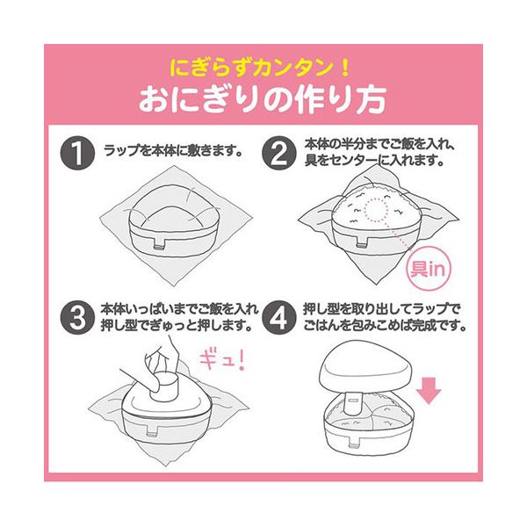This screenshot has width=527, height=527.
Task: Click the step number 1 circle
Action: pos(77,153)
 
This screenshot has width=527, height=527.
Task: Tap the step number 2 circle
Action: pos(279,153)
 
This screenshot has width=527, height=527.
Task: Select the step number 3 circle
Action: pos(77,317)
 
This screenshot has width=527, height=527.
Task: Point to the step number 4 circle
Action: pos(279,317)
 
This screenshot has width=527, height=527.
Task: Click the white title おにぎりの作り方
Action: pos(263,100)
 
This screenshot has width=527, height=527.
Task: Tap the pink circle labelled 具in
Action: pos(428,268)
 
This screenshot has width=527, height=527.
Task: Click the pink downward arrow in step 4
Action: pos(429,391)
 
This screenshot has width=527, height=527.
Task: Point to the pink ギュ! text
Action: pos(222,359)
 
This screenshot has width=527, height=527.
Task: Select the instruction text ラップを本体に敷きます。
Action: pos(173,151)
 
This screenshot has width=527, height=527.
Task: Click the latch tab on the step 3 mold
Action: pos(153,430)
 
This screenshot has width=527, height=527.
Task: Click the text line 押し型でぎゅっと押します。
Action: pos(177,325)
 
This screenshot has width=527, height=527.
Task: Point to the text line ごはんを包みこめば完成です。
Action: pos(385,325)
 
